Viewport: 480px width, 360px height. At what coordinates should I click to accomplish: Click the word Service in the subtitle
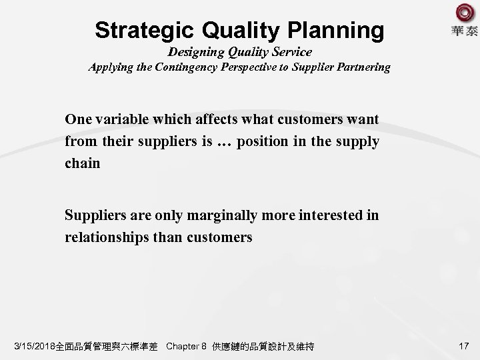click(291, 51)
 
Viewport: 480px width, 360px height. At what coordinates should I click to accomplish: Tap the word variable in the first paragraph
click(117, 120)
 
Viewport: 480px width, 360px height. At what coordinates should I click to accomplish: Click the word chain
click(82, 163)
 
